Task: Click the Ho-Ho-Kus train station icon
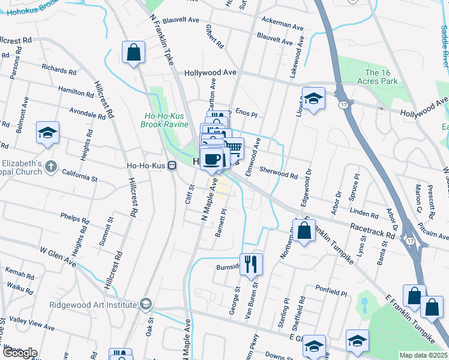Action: tap(172, 166)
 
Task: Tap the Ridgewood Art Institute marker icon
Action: tap(145, 305)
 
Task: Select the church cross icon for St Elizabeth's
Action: tap(52, 166)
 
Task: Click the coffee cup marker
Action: tap(211, 159)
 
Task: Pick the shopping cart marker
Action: tap(234, 148)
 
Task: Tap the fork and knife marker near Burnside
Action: tap(251, 264)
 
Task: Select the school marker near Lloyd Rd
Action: tap(313, 98)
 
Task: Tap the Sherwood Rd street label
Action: tap(279, 173)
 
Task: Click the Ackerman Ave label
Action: tap(283, 26)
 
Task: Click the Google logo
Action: tap(19, 353)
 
